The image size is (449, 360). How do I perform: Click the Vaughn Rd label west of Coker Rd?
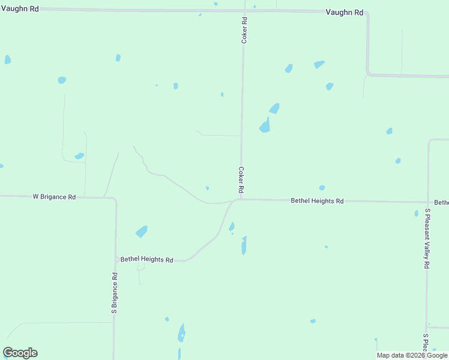point(19,8)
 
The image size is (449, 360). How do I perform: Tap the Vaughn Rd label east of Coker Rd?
point(345,13)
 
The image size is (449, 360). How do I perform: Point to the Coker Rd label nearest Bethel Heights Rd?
point(241,179)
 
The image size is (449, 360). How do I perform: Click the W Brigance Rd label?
point(54,197)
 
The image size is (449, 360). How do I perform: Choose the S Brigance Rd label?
point(114,293)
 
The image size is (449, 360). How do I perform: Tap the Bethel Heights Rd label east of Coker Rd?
point(317,201)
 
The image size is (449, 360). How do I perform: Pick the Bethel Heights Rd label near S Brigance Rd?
point(146,260)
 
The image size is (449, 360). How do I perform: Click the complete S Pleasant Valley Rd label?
point(427,239)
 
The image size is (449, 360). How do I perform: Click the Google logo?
point(20,353)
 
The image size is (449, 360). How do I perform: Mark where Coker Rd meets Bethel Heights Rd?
point(240,199)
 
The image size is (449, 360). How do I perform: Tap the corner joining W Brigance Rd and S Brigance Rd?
point(115,198)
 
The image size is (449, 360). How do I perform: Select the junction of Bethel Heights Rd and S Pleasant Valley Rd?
point(427,202)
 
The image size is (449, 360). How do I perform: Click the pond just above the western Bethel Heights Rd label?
point(142,232)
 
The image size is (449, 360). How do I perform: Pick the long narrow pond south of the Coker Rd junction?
point(244,245)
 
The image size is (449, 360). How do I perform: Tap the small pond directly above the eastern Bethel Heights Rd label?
point(322,188)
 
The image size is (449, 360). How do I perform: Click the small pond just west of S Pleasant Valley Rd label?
point(416,214)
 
